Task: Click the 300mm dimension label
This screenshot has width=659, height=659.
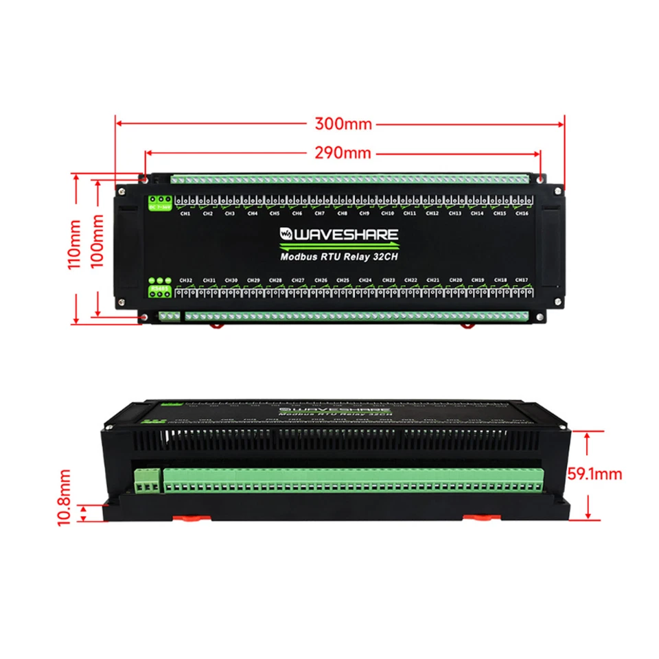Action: click(x=343, y=124)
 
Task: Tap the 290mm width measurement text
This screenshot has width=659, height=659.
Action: click(x=343, y=153)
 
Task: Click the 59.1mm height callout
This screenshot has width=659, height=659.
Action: click(x=594, y=474)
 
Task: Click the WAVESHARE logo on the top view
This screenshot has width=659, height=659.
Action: click(x=338, y=235)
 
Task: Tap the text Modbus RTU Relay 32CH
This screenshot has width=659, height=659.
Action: click(x=339, y=257)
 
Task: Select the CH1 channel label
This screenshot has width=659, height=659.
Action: click(x=185, y=213)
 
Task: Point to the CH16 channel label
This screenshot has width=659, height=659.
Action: click(x=522, y=213)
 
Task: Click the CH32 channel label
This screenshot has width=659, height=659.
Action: click(x=185, y=280)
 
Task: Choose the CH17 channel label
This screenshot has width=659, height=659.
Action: click(x=522, y=280)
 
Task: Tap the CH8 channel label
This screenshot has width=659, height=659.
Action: click(x=342, y=213)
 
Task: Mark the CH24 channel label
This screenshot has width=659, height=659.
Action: click(x=365, y=280)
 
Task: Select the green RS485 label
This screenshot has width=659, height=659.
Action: click(x=159, y=288)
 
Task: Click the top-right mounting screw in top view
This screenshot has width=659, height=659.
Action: click(x=542, y=180)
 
